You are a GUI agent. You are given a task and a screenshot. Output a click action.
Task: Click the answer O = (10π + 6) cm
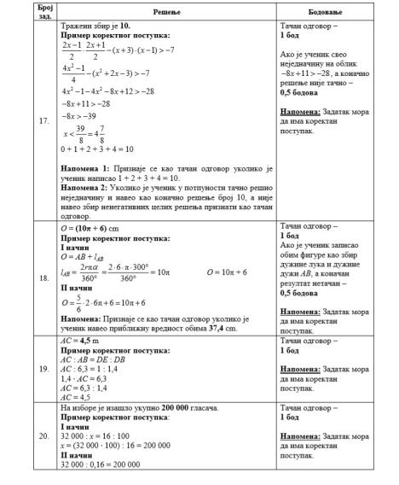tap(96, 229)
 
